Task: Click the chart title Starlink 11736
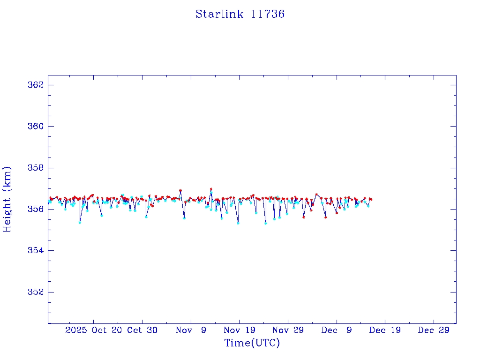tap(240, 14)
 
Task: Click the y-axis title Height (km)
tap(7, 199)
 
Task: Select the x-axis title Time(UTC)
tap(252, 343)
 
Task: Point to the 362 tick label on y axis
tap(36, 85)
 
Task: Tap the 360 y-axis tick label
tap(36, 127)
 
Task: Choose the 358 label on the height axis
tap(36, 168)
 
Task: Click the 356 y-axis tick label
tap(36, 209)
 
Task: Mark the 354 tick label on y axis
tap(36, 250)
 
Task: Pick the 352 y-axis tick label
tap(36, 292)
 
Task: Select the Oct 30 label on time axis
tap(142, 330)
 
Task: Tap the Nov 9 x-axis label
tap(191, 330)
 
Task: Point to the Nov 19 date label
tap(240, 330)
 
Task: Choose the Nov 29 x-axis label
tap(288, 330)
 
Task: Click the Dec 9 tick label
tap(337, 330)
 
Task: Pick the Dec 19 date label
tap(385, 330)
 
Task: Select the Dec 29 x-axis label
tap(434, 330)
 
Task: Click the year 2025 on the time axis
tap(76, 330)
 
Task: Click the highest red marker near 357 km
tap(211, 189)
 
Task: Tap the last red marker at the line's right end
tap(371, 199)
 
